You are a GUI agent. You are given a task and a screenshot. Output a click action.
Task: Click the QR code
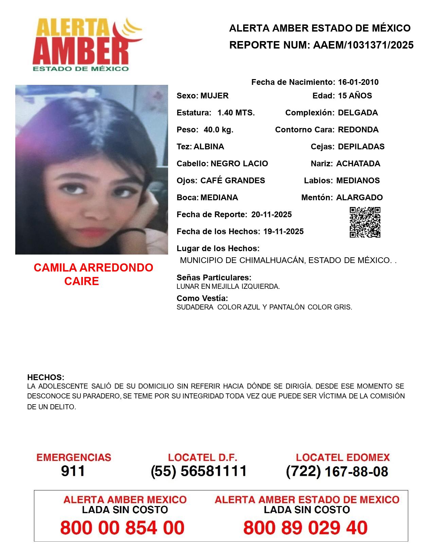pyautogui.click(x=365, y=222)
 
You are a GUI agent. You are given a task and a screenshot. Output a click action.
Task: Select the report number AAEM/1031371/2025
pyautogui.click(x=363, y=45)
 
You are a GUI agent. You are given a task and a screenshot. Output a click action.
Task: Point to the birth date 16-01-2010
pyautogui.click(x=358, y=82)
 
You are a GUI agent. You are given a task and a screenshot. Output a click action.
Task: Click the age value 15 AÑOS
pyautogui.click(x=355, y=96)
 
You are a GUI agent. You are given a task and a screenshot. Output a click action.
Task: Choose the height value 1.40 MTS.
pyautogui.click(x=236, y=113)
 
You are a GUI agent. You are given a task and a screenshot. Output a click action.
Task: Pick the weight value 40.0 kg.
pyautogui.click(x=218, y=130)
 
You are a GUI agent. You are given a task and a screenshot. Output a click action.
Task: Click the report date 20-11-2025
pyautogui.click(x=271, y=214)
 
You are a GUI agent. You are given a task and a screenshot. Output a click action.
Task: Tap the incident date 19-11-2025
pyautogui.click(x=283, y=231)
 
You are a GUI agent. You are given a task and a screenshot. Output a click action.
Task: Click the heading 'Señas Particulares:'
pyautogui.click(x=214, y=278)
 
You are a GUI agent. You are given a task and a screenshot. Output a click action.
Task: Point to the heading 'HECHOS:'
pyautogui.click(x=46, y=377)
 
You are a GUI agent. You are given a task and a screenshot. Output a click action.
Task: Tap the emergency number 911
pyautogui.click(x=73, y=471)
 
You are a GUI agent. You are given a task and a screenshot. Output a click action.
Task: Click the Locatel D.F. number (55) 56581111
pyautogui.click(x=199, y=471)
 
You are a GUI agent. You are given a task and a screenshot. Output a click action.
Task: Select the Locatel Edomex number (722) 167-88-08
pyautogui.click(x=337, y=471)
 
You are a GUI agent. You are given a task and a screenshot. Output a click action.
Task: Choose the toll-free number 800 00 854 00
pyautogui.click(x=122, y=528)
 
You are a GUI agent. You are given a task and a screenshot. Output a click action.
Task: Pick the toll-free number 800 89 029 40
pyautogui.click(x=305, y=528)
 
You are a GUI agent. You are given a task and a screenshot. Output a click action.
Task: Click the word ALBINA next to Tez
pyautogui.click(x=209, y=147)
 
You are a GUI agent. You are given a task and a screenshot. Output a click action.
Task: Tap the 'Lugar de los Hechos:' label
pyautogui.click(x=218, y=248)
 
